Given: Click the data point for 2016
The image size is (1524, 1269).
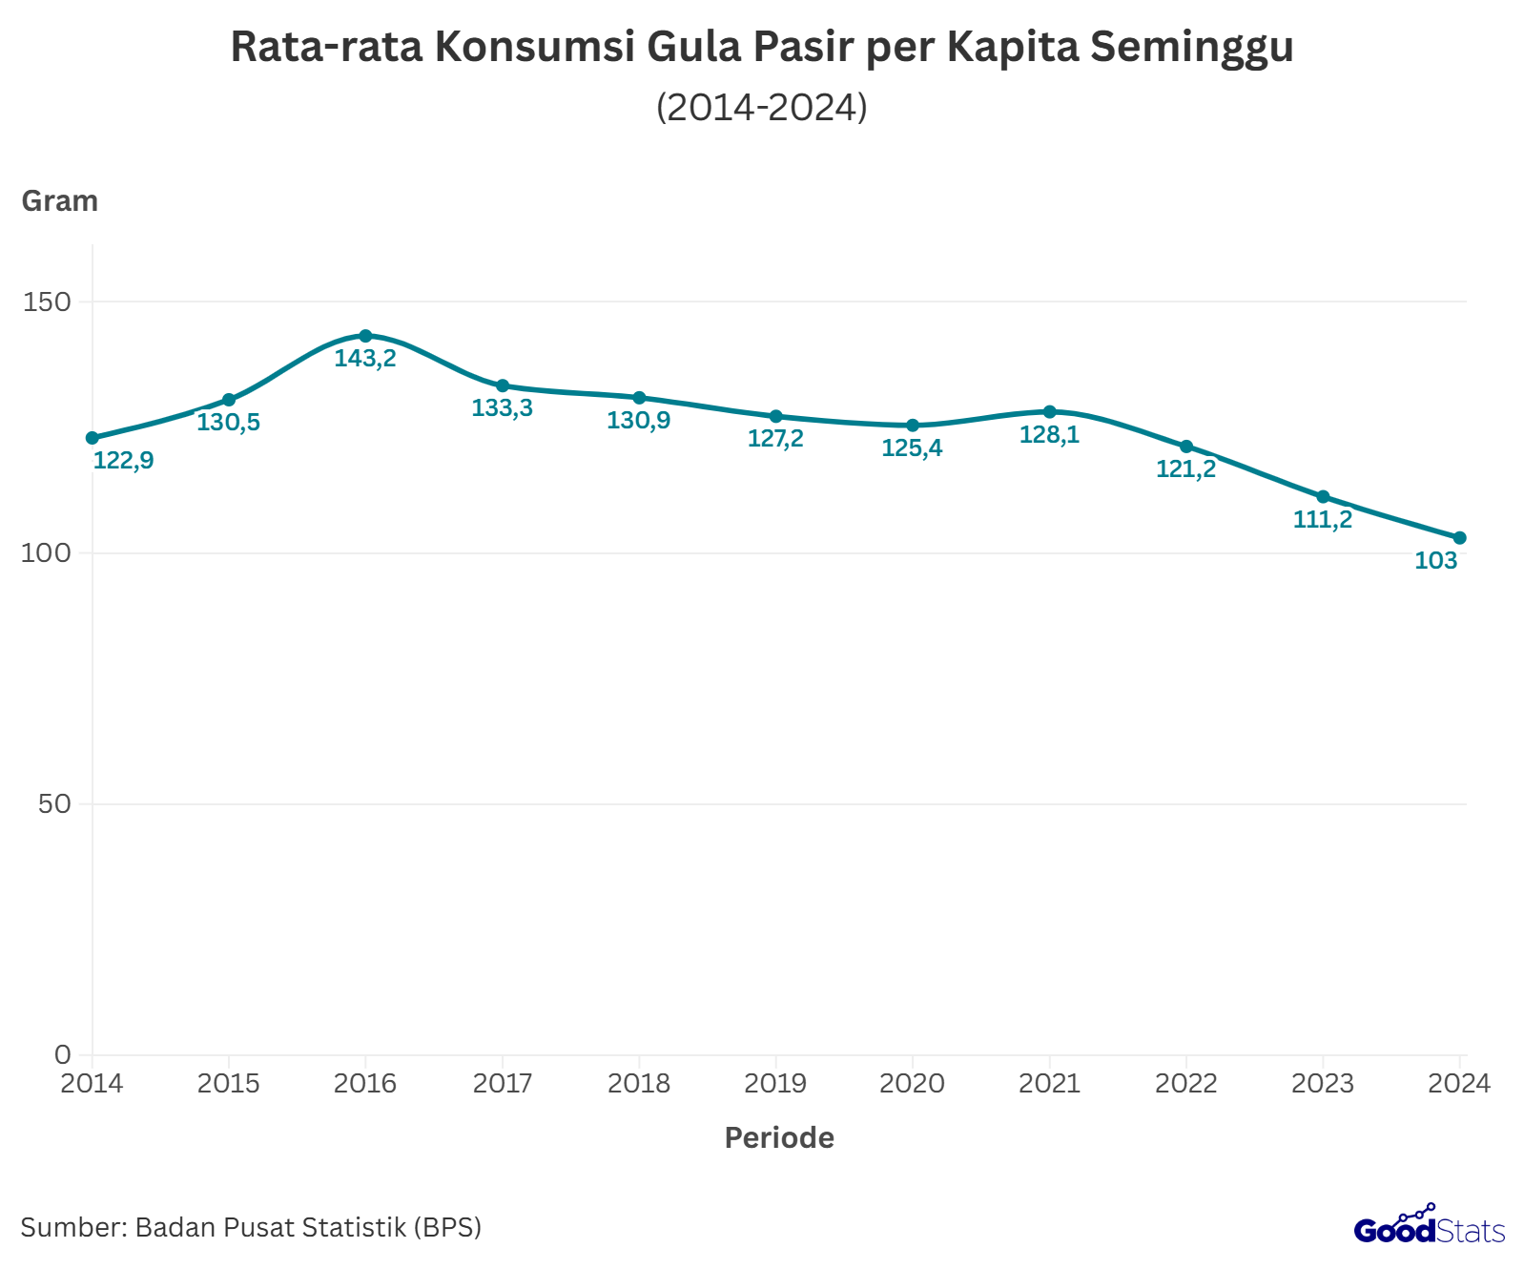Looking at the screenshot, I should point(365,336).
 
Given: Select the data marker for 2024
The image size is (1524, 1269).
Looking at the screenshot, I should point(1459,538).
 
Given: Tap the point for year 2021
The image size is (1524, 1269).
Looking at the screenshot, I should point(1049,412).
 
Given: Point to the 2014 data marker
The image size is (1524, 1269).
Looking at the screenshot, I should point(93,438).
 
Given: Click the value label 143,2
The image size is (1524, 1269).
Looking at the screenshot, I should point(365,360).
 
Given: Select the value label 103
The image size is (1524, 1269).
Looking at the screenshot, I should point(1435,561).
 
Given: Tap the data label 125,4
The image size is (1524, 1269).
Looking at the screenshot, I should point(912,448).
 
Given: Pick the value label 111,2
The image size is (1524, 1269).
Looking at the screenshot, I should point(1322,520).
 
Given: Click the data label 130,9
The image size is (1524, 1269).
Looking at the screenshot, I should point(639,421).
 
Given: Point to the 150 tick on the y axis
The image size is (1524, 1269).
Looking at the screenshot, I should point(48,302).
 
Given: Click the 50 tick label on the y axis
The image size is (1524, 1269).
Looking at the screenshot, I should point(55,804).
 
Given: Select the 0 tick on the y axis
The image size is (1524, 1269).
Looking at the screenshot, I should point(63,1054).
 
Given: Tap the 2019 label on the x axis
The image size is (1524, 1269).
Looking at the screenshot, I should point(775,1084).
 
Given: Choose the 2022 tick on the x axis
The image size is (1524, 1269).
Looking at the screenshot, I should point(1185,1084).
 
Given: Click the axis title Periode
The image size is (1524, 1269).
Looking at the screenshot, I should point(779,1138).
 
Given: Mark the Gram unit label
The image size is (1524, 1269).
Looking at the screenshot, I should point(59,201).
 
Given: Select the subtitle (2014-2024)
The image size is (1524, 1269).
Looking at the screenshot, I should point(762,107).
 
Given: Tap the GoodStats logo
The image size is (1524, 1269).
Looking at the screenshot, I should point(1429,1228).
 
